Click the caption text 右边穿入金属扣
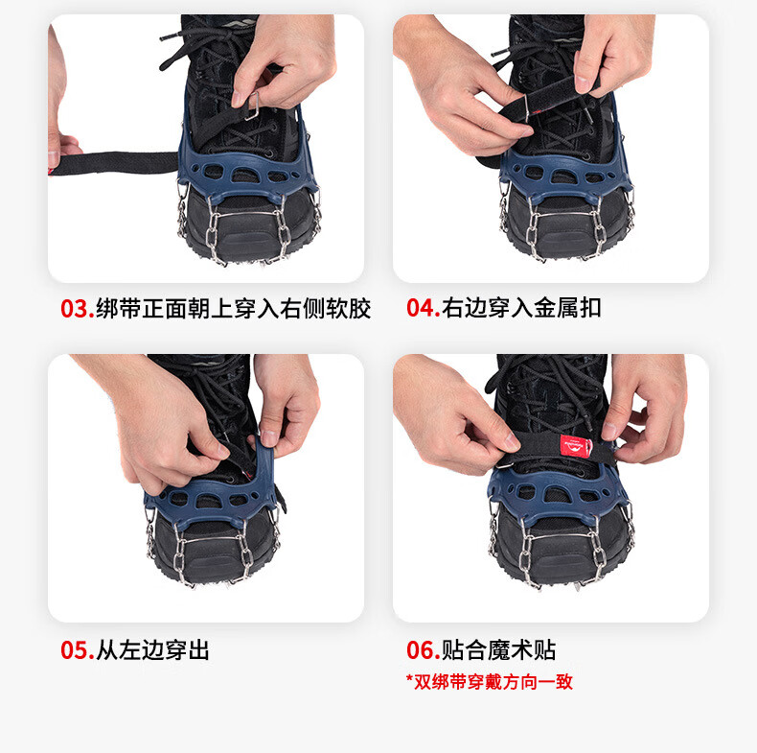click(x=521, y=308)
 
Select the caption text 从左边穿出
click(x=152, y=650)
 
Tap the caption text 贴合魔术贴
click(x=498, y=650)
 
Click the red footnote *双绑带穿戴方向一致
click(x=490, y=682)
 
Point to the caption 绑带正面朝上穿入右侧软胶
click(x=233, y=308)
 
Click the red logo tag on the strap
click(x=575, y=446)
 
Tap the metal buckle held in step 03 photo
click(x=253, y=106)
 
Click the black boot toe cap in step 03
click(x=248, y=227)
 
